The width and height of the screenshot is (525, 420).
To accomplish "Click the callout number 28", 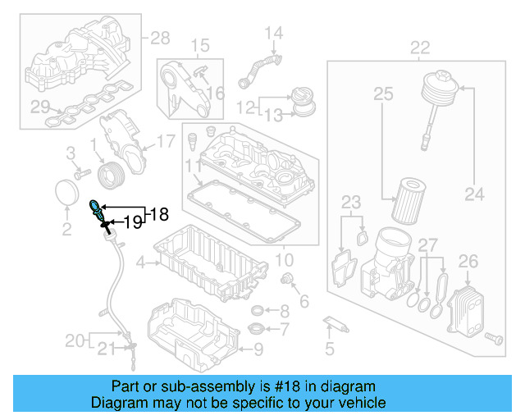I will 160,38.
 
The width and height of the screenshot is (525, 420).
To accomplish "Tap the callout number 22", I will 420,48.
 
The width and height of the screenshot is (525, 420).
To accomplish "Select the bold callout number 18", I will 158,215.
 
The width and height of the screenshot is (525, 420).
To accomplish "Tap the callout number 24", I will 474,195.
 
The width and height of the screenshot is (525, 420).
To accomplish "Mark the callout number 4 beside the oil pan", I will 140,263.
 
